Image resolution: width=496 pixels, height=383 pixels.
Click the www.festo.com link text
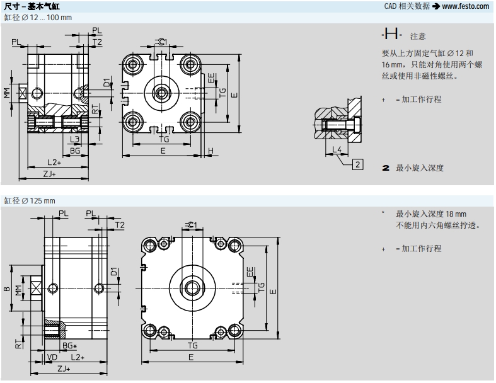[465, 6]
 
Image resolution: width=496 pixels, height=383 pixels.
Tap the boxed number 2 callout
[357, 165]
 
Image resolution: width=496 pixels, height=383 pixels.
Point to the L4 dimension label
[337, 149]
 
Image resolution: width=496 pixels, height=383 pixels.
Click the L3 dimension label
[74, 139]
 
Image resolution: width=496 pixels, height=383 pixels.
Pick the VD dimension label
[52, 357]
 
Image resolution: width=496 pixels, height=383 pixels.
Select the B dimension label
[6, 290]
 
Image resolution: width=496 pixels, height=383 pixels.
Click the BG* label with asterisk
[69, 346]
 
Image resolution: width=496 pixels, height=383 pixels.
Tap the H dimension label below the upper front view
[211, 151]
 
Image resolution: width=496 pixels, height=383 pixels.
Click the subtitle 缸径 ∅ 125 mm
[30, 200]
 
